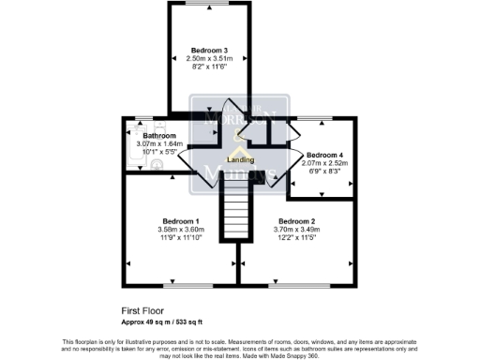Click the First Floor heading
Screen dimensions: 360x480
[x=142, y=309]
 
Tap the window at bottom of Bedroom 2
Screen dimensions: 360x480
[x=297, y=283]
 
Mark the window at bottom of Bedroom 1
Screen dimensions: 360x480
[x=178, y=283]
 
